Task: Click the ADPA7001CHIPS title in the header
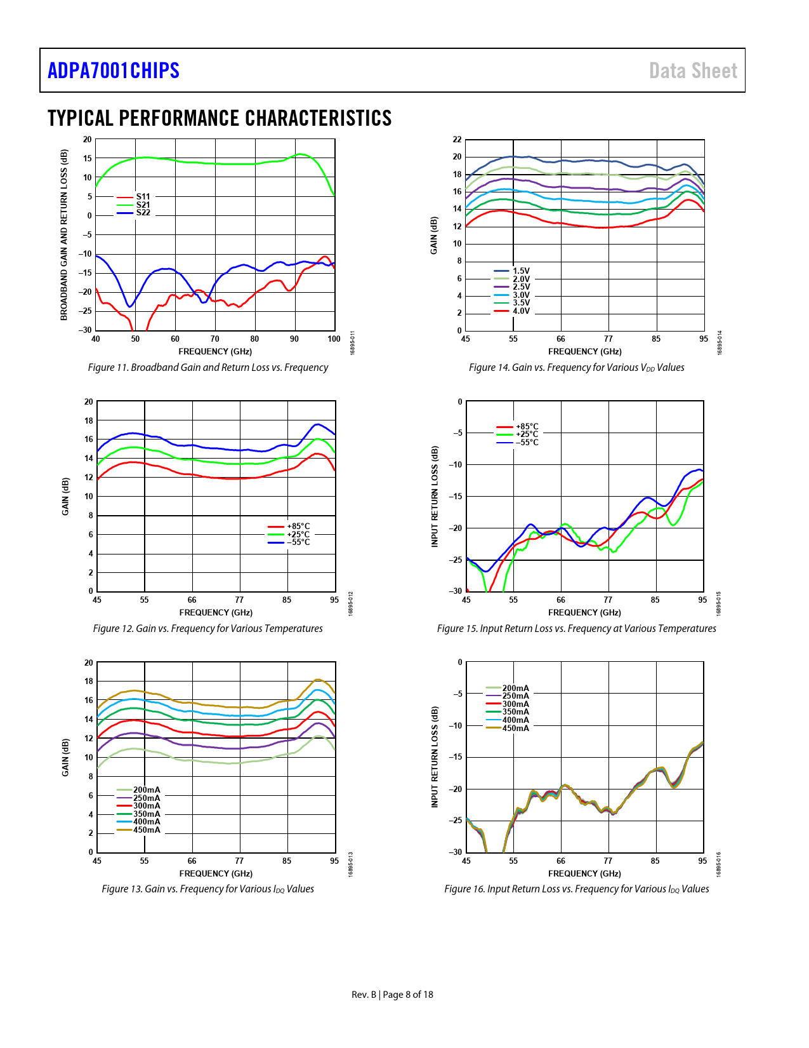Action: point(114,71)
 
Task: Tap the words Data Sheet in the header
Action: point(693,71)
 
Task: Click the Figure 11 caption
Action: point(208,368)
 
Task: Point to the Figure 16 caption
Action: point(576,889)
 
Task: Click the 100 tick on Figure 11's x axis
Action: point(334,339)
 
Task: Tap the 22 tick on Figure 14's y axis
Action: point(457,140)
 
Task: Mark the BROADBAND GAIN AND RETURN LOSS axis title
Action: point(64,235)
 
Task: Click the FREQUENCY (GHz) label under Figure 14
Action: point(584,352)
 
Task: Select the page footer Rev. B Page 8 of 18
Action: point(392,995)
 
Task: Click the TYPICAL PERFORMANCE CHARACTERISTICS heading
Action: point(220,119)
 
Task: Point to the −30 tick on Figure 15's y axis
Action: point(456,591)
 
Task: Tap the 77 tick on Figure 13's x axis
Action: point(239,861)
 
